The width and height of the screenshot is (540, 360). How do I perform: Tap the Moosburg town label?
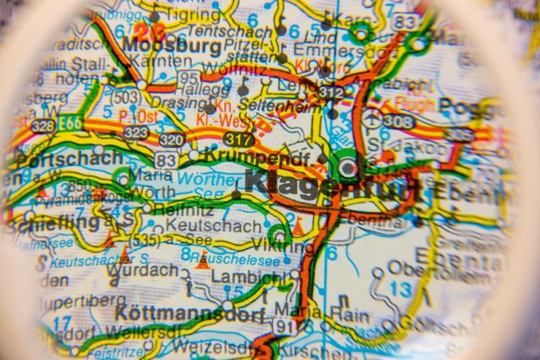click(x=172, y=46)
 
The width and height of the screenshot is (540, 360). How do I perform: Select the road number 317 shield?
click(x=240, y=140)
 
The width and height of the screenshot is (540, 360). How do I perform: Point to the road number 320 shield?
click(x=171, y=139)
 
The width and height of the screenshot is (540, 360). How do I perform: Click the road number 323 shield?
click(x=136, y=132)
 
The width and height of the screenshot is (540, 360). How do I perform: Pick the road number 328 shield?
click(x=43, y=126)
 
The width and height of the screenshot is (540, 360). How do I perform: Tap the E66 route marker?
click(x=70, y=124)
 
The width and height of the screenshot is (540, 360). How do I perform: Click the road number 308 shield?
click(x=398, y=120)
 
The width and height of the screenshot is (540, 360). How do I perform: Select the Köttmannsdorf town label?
click(x=190, y=314)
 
